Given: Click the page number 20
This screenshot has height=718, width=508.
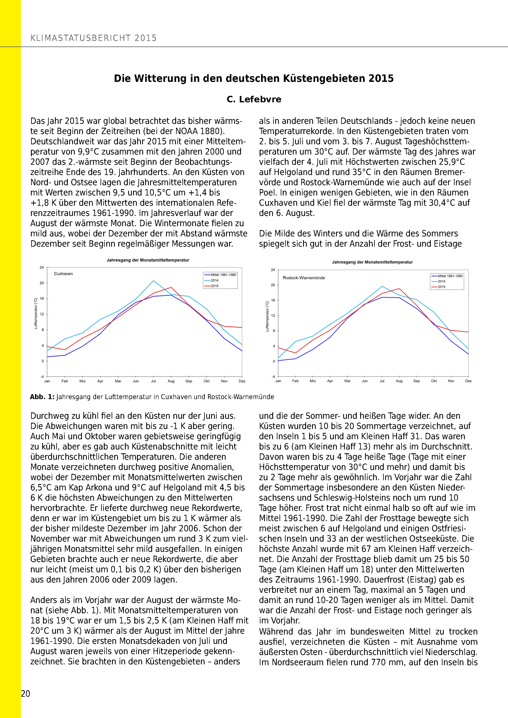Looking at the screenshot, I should [25, 694].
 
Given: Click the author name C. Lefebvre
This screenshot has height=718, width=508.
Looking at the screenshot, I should [254, 99].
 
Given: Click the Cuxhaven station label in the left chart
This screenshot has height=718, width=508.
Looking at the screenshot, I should [63, 274].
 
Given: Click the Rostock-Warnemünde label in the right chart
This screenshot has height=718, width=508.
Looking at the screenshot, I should [303, 278].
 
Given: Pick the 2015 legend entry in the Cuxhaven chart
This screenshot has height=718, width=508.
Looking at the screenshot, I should [215, 286].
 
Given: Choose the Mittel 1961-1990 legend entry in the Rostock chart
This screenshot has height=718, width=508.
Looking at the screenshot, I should [450, 276].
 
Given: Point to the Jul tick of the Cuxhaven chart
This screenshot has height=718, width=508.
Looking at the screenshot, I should [153, 381].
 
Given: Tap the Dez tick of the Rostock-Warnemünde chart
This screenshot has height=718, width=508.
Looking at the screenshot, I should [468, 381].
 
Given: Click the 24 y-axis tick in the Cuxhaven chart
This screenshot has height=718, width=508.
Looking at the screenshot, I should [42, 267].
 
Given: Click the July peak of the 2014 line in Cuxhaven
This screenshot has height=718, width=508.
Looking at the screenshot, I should [153, 281].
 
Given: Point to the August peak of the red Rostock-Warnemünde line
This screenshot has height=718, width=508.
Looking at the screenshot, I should [399, 289].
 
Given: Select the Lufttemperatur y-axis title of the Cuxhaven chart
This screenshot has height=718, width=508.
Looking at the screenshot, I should [36, 313].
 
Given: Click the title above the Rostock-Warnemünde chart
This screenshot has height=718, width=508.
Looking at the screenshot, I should [372, 262].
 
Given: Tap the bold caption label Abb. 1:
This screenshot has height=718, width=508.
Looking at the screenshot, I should [42, 397].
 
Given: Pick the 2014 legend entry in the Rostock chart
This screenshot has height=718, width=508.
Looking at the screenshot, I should [441, 281].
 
